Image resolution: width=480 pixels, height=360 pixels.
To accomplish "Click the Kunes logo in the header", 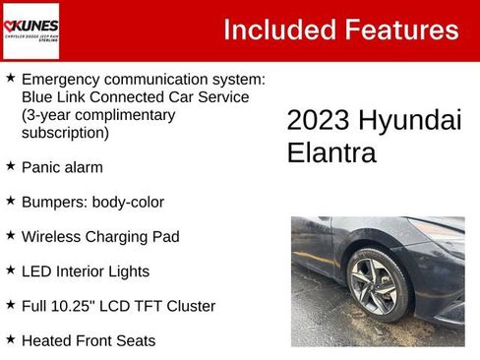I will pos(30,30).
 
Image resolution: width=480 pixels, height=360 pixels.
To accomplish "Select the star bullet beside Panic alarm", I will pos(10,166).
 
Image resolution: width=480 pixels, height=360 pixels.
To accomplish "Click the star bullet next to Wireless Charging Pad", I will pos(10,236).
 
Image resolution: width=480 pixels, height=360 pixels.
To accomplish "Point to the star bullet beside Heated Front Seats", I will pos(10,339).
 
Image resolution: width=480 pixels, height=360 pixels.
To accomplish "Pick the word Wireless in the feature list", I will pos(51,236).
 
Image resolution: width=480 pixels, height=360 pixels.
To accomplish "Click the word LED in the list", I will pos(36,270).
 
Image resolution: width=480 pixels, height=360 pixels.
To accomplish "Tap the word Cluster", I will pos(187,306).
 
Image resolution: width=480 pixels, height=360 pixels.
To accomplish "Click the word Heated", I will pos(46,340).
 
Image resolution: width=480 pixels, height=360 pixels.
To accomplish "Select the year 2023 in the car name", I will pos(317,121).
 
